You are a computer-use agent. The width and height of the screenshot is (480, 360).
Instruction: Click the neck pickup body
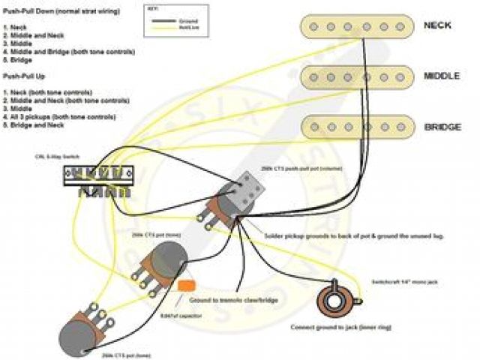tap(356, 26)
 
